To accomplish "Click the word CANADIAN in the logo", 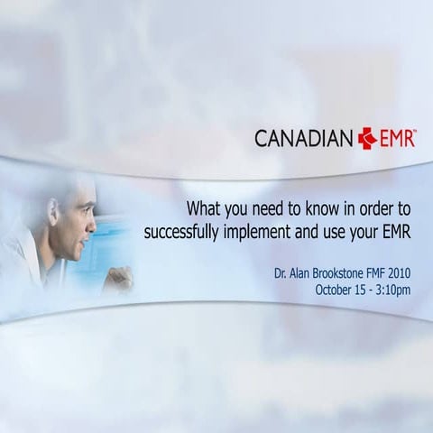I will (x=304, y=139).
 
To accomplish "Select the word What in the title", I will (x=204, y=206).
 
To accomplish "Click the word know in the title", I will (x=312, y=206).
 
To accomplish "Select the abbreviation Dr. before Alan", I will (x=281, y=271).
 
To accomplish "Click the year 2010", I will (x=403, y=271).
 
